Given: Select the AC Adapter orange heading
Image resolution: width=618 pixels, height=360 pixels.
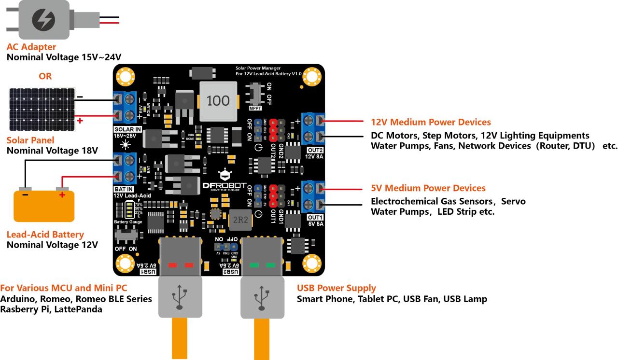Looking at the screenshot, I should (x=31, y=47).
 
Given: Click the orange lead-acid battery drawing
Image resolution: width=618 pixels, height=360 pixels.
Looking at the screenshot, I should (x=44, y=206).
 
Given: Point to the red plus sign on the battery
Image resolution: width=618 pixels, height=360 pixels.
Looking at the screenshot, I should (x=62, y=194).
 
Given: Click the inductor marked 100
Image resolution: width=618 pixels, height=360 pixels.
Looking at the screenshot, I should (x=218, y=101).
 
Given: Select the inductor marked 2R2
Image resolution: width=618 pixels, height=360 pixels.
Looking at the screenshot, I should (x=240, y=220).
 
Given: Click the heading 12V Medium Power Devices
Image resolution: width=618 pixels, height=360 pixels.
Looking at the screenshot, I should (x=431, y=122).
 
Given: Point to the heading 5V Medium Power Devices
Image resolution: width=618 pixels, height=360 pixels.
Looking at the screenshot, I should (x=428, y=188).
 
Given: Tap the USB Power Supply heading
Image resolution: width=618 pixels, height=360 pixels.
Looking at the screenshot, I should (x=337, y=288).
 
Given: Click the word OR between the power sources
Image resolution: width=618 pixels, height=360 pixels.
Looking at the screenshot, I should (x=45, y=76).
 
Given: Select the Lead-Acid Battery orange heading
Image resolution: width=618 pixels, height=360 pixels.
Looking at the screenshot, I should (x=45, y=235).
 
